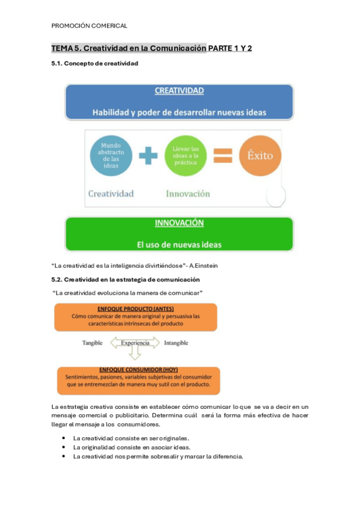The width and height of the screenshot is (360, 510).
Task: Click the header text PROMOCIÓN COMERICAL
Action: pyautogui.click(x=89, y=26)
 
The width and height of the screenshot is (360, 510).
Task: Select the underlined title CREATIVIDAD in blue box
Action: pyautogui.click(x=179, y=91)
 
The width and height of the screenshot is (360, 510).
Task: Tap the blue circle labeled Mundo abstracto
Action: pyautogui.click(x=111, y=156)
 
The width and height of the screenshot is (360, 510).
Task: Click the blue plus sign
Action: pyautogui.click(x=148, y=156)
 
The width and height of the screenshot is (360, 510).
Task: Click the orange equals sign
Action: pyautogui.click(x=222, y=156)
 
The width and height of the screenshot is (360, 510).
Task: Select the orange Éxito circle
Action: pyautogui.click(x=260, y=156)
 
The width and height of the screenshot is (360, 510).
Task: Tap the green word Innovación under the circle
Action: pyautogui.click(x=188, y=194)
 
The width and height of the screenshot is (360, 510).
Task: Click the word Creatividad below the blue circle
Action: pyautogui.click(x=111, y=194)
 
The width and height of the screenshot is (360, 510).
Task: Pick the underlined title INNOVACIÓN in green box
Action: pyautogui.click(x=179, y=223)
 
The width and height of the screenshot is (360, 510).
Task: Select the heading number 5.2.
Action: pyautogui.click(x=56, y=280)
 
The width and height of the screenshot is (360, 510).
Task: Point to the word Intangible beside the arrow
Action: pyautogui.click(x=175, y=343)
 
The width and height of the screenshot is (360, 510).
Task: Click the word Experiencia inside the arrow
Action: pyautogui.click(x=135, y=343)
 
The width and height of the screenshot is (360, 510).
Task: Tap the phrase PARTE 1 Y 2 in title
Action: pyautogui.click(x=230, y=48)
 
